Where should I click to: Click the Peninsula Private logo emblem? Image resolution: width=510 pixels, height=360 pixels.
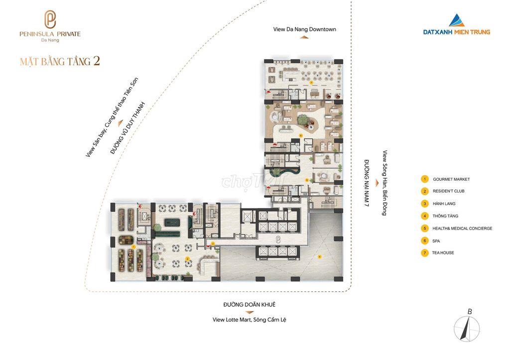[50, 19]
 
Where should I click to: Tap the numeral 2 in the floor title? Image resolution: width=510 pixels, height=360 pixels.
[96, 61]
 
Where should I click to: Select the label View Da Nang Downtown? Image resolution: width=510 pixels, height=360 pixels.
[304, 29]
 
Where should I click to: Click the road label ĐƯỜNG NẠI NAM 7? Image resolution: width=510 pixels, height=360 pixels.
[366, 183]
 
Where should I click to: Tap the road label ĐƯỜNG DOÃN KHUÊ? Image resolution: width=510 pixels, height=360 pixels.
[250, 304]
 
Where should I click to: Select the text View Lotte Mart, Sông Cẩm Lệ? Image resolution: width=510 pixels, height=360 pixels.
[250, 320]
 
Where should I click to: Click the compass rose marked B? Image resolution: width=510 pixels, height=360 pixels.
[467, 328]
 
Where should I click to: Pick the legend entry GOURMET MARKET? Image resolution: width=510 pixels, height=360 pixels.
[451, 179]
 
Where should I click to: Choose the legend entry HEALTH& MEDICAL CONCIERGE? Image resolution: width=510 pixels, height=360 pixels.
[462, 229]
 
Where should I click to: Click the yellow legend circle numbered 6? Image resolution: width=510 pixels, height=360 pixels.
[424, 241]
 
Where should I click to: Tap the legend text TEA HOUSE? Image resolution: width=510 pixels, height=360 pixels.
[443, 252]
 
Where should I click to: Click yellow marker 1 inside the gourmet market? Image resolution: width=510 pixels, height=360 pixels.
[133, 247]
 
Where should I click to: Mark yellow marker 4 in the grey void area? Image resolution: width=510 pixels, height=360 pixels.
[320, 256]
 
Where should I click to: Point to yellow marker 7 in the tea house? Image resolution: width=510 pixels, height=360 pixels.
[311, 83]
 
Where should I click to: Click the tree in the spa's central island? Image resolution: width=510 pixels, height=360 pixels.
[304, 120]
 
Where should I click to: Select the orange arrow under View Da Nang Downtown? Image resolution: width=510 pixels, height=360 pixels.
[304, 37]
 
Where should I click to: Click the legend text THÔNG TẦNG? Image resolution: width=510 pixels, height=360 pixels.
[445, 216]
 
